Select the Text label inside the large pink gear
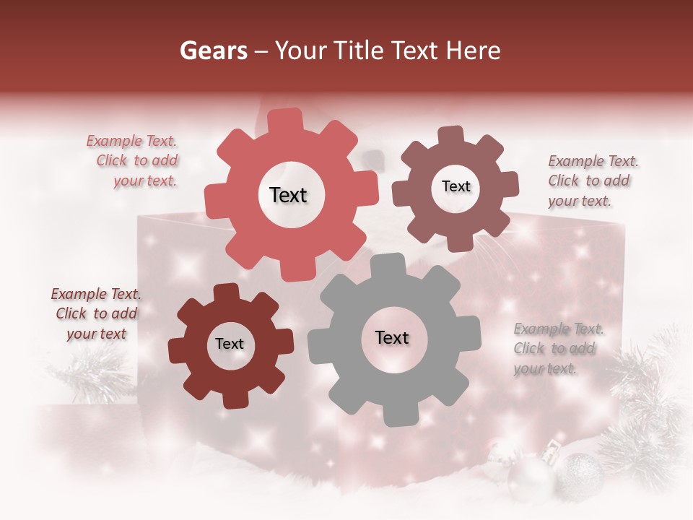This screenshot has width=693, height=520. [288, 195]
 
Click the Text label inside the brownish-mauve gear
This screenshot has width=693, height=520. [456, 186]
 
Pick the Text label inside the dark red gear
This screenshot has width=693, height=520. [230, 344]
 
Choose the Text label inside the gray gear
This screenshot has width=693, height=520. [392, 338]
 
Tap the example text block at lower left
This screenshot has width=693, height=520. [96, 313]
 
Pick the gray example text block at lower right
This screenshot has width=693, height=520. [557, 349]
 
